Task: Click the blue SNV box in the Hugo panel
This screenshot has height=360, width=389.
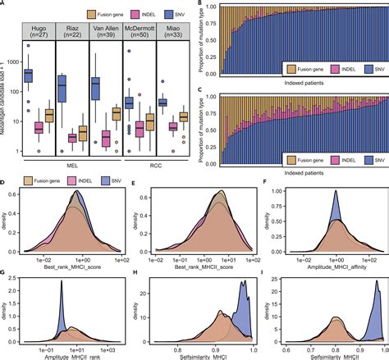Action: (34, 75)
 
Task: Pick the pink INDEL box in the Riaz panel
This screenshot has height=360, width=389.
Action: (70, 138)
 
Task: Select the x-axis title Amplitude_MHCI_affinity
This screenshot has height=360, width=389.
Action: (327, 258)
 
